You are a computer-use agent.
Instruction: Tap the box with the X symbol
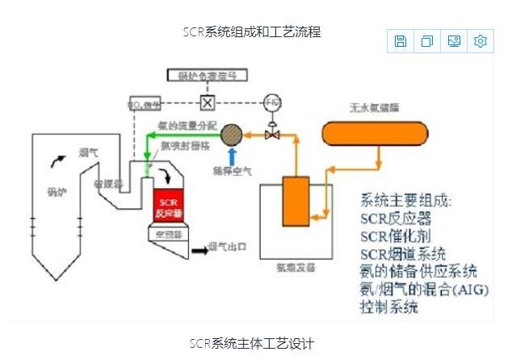tap(208, 103)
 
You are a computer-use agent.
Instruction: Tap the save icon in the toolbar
tap(400, 41)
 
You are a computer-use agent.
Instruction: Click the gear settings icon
tap(481, 41)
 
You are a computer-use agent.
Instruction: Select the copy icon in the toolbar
tap(427, 41)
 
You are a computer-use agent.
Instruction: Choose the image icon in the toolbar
tap(454, 41)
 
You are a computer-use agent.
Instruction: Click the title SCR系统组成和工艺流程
tap(252, 32)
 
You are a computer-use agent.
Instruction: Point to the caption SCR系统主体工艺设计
tap(252, 343)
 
